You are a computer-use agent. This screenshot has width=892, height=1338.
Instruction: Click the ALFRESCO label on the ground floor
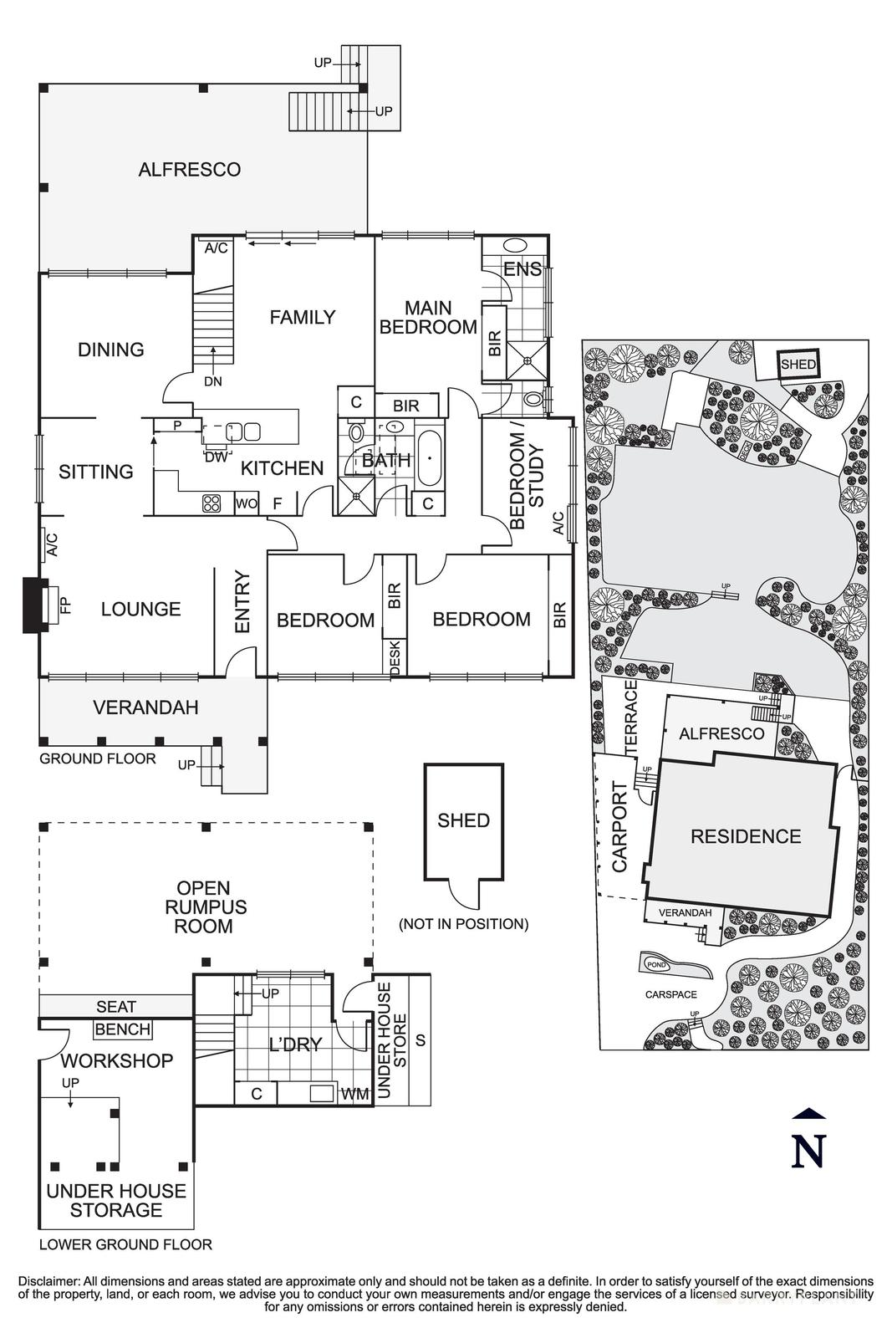pos(189,170)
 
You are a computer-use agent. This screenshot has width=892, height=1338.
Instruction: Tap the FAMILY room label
pos(302,317)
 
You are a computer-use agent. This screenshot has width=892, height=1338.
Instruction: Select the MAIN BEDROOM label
pos(428,318)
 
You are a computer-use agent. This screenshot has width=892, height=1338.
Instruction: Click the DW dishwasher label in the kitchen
pos(215,457)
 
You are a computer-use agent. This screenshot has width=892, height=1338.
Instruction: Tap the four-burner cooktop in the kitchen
pos(211,503)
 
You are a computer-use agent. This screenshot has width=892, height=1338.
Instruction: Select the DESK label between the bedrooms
pos(395,656)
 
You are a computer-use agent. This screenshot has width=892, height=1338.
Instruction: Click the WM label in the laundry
pos(354,1094)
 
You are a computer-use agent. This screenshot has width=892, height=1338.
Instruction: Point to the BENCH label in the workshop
pos(123,1029)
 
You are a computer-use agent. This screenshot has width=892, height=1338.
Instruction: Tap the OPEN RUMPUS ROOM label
pos(204,906)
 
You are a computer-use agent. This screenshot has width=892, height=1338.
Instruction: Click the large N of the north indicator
pos(808,1151)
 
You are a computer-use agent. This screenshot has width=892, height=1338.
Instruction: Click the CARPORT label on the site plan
pos(619,827)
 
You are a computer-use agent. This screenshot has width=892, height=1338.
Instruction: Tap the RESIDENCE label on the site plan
pos(746,836)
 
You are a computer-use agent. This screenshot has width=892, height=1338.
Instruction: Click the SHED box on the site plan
pos(798,365)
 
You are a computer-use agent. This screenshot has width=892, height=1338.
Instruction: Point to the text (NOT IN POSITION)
pos(463,924)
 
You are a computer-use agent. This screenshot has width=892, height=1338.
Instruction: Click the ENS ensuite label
pos(522,269)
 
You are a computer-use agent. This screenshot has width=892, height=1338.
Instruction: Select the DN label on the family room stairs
pos(213,381)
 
